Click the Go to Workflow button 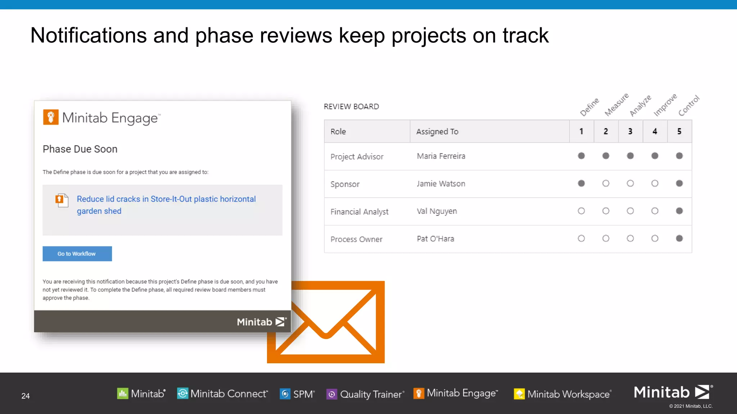tap(77, 254)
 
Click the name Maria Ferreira tap(441, 156)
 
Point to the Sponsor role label tap(345, 184)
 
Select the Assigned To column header tap(437, 132)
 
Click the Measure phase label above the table tap(616, 105)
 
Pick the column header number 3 tap(630, 132)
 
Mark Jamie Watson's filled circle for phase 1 tap(581, 184)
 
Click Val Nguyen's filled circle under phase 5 tap(679, 211)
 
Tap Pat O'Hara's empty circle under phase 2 tap(606, 239)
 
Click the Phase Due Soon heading tap(80, 149)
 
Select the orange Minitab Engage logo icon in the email tap(51, 117)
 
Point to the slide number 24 tap(26, 396)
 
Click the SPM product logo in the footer tap(297, 394)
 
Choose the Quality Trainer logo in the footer tap(365, 394)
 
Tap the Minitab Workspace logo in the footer tap(562, 394)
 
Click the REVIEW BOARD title tap(351, 107)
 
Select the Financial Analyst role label tap(359, 212)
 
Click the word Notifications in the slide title tap(89, 36)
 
